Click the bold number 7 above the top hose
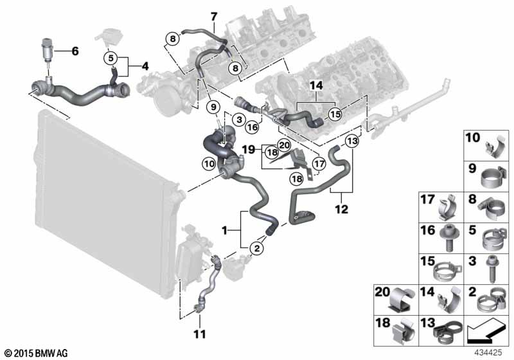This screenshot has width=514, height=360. click(213, 16)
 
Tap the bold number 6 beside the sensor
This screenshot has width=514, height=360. click(75, 51)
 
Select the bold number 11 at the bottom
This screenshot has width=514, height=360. click(200, 334)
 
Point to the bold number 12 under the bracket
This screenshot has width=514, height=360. click(342, 209)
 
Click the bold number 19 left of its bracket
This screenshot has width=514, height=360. click(249, 150)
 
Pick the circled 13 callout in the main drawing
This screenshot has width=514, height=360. click(352, 141)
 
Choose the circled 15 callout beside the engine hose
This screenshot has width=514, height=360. click(335, 114)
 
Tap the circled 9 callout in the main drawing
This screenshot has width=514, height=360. click(213, 107)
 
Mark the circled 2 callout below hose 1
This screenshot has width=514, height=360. click(256, 248)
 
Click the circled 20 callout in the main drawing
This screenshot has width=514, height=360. click(284, 145)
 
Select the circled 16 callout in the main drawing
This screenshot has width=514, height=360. click(253, 127)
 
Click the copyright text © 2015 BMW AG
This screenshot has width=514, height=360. click(37, 353)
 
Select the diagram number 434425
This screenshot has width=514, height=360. click(488, 353)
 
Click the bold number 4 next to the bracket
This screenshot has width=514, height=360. click(145, 67)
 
